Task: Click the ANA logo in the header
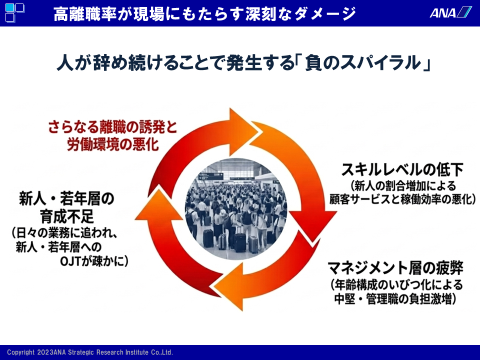(450, 12)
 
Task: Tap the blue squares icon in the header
(14, 12)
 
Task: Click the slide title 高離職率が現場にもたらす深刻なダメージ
(204, 14)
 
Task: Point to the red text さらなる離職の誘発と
(112, 126)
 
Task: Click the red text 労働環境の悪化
(112, 144)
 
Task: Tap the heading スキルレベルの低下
(402, 169)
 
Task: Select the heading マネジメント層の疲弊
(395, 268)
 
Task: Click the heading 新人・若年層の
(66, 198)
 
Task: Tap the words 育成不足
(67, 216)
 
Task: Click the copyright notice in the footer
(90, 352)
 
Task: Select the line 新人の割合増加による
(403, 186)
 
